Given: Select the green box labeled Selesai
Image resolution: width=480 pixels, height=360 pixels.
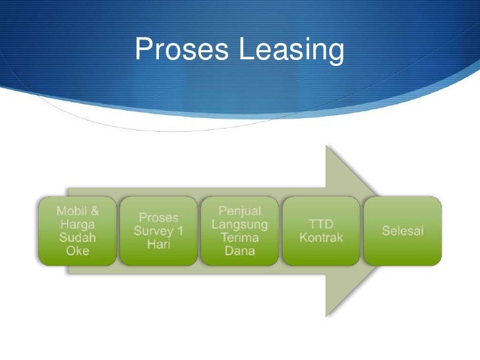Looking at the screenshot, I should coord(403,231).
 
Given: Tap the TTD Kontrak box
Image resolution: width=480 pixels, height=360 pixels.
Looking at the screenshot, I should coord(321,231).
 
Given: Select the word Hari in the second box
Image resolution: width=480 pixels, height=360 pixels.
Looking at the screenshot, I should coord(158,244).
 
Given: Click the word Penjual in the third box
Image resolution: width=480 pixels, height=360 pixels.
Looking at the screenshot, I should coord(239,211).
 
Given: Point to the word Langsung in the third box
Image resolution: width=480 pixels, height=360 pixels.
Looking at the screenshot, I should coord(239,224).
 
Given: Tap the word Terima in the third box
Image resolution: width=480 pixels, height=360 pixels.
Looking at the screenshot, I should coord(239,237).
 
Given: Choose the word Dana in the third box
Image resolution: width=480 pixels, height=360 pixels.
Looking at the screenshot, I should coord(239,251).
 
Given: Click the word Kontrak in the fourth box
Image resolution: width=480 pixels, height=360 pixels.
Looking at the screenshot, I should coord(321,237).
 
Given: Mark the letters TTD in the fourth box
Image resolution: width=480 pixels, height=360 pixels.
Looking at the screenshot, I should coord(321,224).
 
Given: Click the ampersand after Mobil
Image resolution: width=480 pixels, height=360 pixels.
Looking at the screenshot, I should coord(94,211).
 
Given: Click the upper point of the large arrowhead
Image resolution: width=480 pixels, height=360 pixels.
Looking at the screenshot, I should coord(326,147).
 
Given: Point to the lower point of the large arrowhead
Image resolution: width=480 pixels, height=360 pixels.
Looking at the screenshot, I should coord(326,315).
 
